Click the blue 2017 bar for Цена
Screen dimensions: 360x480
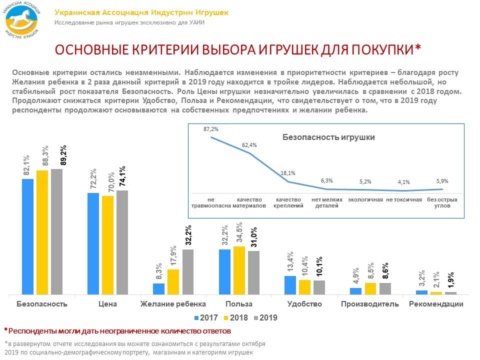pyautogui.click(x=93, y=243)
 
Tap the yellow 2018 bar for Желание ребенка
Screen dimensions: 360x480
pyautogui.click(x=173, y=281)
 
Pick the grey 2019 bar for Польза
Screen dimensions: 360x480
pyautogui.click(x=254, y=272)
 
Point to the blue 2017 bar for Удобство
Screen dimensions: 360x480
pyautogui.click(x=290, y=284)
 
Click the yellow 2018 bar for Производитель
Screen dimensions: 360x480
pyautogui.click(x=370, y=288)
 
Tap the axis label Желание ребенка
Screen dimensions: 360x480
pyautogui.click(x=173, y=304)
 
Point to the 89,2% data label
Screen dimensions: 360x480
pyautogui.click(x=63, y=155)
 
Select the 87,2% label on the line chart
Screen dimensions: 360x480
pyautogui.click(x=210, y=129)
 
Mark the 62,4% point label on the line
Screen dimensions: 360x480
pyautogui.click(x=249, y=145)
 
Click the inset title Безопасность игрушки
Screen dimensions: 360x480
pyautogui.click(x=328, y=137)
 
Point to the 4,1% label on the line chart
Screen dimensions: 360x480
pyautogui.click(x=404, y=182)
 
